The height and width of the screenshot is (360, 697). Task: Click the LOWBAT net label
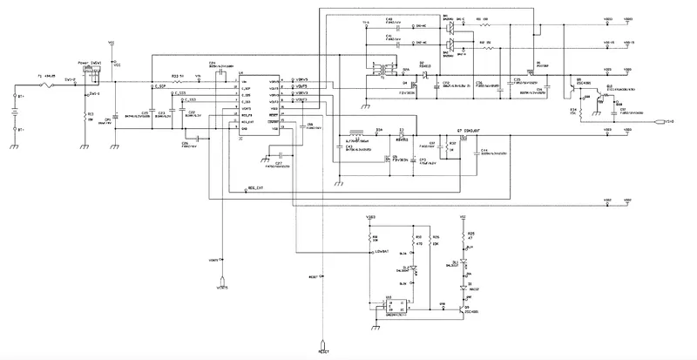click(382, 253)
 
